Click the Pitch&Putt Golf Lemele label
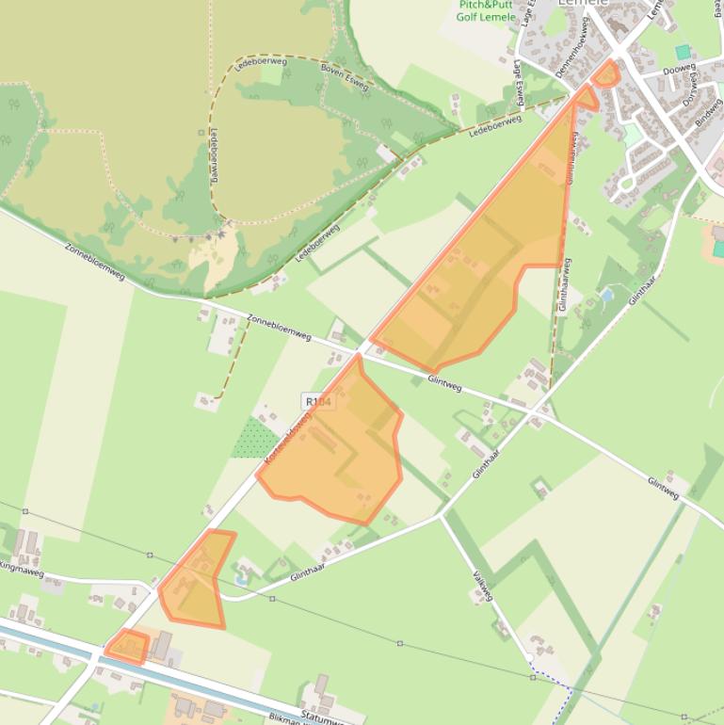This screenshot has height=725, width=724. pyautogui.click(x=487, y=10)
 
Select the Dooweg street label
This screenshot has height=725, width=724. pyautogui.click(x=678, y=71)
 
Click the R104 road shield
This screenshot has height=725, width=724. pyautogui.click(x=318, y=402)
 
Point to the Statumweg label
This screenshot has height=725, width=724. pyautogui.click(x=319, y=717)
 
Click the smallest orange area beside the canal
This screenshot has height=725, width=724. pyautogui.click(x=127, y=647)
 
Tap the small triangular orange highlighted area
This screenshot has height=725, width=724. pyautogui.click(x=586, y=96)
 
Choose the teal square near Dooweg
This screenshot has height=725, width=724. pyautogui.click(x=683, y=52)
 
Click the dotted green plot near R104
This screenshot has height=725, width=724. pyautogui.click(x=255, y=438)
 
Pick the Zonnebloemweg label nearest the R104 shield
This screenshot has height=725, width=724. pyautogui.click(x=279, y=327)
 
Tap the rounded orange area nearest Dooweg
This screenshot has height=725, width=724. pyautogui.click(x=605, y=73)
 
